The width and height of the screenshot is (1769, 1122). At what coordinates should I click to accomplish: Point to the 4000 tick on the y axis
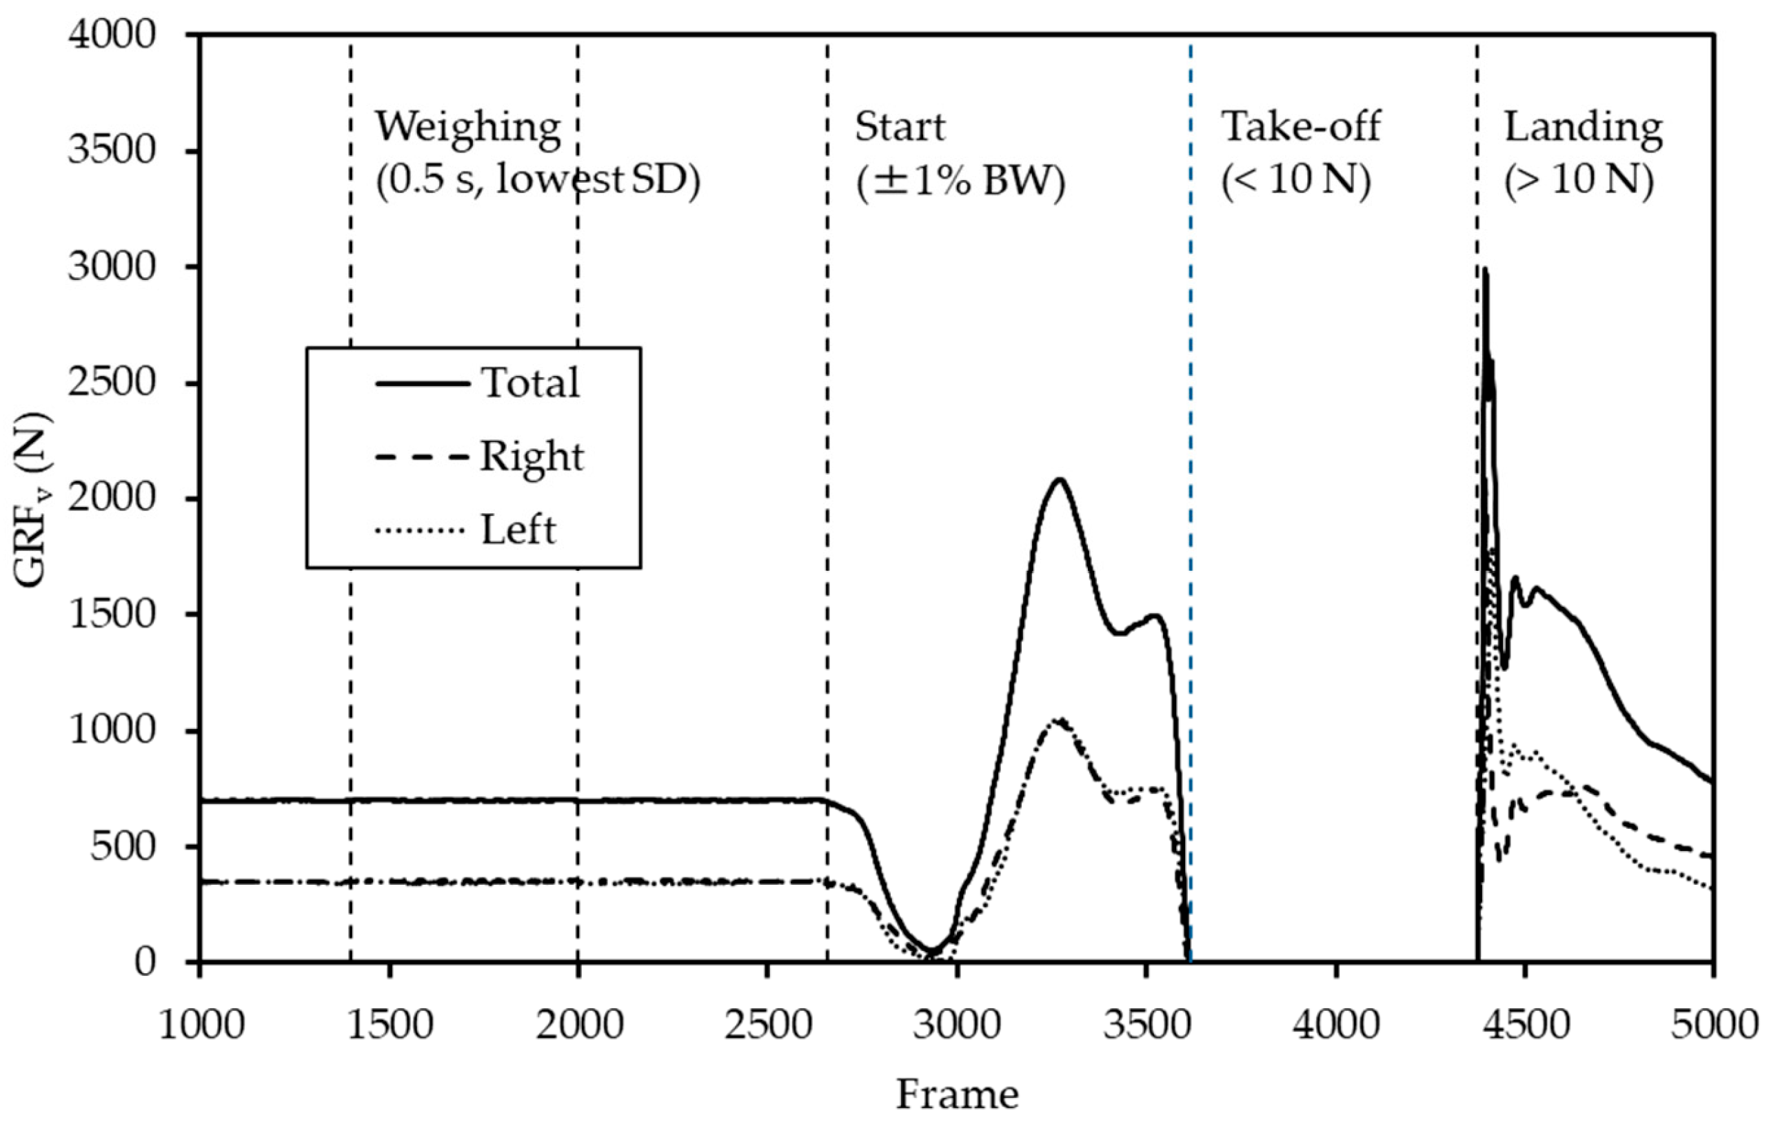(x=112, y=34)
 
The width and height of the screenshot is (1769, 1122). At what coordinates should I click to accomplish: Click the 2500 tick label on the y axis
(x=112, y=383)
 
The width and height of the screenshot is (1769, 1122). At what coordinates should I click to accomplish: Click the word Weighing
(x=468, y=127)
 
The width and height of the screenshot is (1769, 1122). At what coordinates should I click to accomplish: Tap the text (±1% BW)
(x=960, y=181)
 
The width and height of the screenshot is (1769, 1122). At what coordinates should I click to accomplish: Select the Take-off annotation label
(x=1300, y=127)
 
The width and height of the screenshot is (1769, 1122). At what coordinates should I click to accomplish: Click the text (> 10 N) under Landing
(x=1579, y=181)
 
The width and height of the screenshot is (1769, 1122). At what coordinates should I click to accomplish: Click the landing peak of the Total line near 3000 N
(x=1484, y=270)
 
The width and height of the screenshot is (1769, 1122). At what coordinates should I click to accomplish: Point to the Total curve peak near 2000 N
(x=1059, y=480)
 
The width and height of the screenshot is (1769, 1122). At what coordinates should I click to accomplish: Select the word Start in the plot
(x=899, y=127)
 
